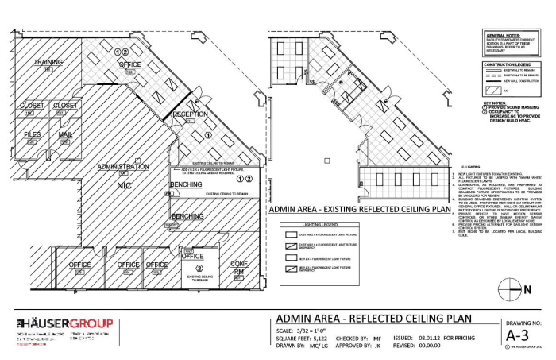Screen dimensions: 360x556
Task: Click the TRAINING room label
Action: point(48,62)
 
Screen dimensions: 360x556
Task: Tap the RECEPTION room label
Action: point(190,114)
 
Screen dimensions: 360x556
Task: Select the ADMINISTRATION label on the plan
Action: point(122,168)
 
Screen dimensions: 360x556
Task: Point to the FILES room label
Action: point(32,135)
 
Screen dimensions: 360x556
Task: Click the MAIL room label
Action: point(65,135)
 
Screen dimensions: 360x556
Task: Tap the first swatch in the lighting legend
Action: point(290,237)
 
